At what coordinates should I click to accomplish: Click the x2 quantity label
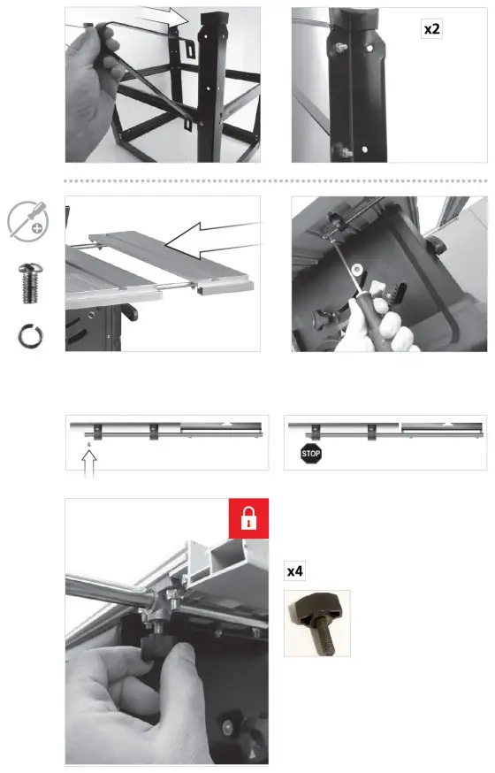pos(432,29)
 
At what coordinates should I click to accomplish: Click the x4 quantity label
pos(294,571)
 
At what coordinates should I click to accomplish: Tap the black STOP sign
pos(311,454)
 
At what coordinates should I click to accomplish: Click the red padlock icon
pos(248,518)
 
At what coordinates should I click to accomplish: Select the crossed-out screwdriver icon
pos(28,221)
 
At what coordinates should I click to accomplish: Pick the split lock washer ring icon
pos(31,336)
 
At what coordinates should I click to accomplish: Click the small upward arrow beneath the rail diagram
pos(88,463)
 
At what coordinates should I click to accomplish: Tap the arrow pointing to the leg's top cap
pos(163,17)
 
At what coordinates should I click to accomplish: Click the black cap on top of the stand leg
pos(214,20)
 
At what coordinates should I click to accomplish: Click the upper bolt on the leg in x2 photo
pos(341,48)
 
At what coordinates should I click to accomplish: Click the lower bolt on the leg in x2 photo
pos(345,152)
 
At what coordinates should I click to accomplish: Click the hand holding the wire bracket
pos(93,88)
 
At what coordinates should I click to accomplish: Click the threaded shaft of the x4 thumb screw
pos(324,639)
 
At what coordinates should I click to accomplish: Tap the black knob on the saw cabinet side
pos(130,311)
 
